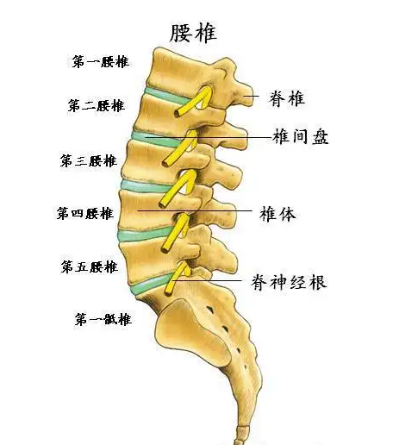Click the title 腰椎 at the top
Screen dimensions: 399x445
point(193,33)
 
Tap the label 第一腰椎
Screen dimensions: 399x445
point(100,62)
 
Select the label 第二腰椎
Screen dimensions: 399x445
point(97,105)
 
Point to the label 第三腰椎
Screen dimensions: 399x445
point(89,160)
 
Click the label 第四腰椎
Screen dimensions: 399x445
point(85,214)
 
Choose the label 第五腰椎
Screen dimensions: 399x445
point(90,266)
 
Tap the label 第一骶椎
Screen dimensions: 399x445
point(103,319)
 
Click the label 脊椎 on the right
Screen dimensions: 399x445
point(287,98)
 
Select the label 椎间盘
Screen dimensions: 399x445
point(301,136)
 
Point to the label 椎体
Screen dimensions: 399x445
point(277,214)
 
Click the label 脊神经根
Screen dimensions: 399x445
point(290,282)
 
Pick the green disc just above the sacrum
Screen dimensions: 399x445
point(150,285)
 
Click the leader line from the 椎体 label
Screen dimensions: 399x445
point(195,210)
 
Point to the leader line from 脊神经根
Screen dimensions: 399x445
point(206,280)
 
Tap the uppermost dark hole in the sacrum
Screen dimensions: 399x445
point(211,310)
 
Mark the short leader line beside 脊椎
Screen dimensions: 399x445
point(252,97)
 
